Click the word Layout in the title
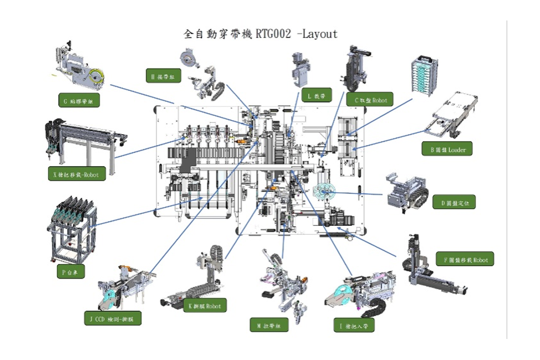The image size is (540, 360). point(319,34)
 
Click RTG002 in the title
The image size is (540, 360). point(273,34)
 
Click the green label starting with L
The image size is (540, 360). point(316,96)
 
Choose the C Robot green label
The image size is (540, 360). point(370,100)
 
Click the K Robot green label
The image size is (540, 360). point(204,306)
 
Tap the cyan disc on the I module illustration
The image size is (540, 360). point(342,293)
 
